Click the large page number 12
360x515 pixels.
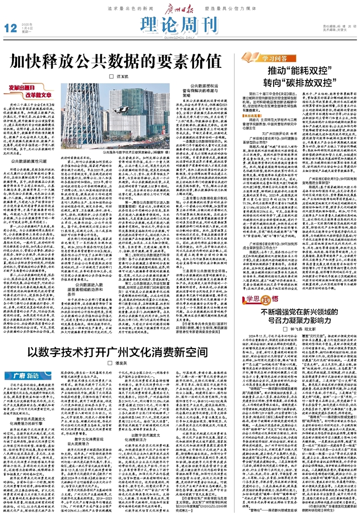point(10,29)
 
